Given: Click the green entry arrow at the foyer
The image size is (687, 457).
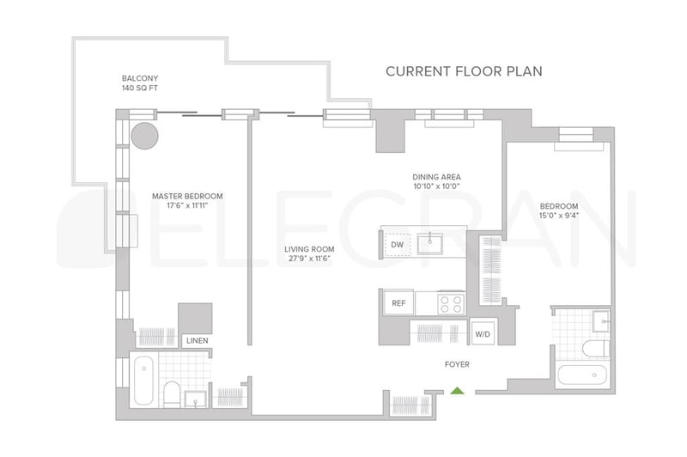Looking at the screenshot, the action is click(x=457, y=390).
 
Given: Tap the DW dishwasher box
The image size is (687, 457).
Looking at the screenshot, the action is click(x=398, y=245).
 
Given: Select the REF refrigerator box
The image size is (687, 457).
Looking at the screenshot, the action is click(x=398, y=302).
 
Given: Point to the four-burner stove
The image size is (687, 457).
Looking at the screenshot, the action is click(x=451, y=303).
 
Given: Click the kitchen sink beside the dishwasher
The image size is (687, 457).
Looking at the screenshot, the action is click(x=430, y=243).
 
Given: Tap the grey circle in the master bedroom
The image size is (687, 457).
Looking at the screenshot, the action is click(x=144, y=136).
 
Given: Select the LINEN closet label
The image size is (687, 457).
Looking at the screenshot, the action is click(x=198, y=340).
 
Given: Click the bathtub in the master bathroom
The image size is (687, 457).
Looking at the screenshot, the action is click(x=143, y=381).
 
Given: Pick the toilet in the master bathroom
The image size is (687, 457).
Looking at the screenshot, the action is click(x=172, y=394).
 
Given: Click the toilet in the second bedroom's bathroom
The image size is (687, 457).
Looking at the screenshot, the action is click(x=596, y=349).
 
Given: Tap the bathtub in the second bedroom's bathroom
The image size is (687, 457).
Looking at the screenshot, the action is click(x=582, y=375).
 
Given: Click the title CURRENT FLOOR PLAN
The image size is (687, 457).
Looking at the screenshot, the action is click(x=464, y=71).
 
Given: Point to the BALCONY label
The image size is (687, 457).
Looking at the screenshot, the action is click(x=140, y=78).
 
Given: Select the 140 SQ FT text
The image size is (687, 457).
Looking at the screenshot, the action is click(x=140, y=88).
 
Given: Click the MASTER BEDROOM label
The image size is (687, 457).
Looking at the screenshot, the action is click(x=187, y=196).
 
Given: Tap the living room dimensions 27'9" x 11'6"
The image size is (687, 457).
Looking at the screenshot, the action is click(x=309, y=259).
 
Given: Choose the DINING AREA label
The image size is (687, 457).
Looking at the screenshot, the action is click(x=436, y=177).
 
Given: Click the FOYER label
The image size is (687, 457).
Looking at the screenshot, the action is click(x=457, y=364).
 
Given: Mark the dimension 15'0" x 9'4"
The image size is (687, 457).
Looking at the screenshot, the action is click(x=559, y=215).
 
